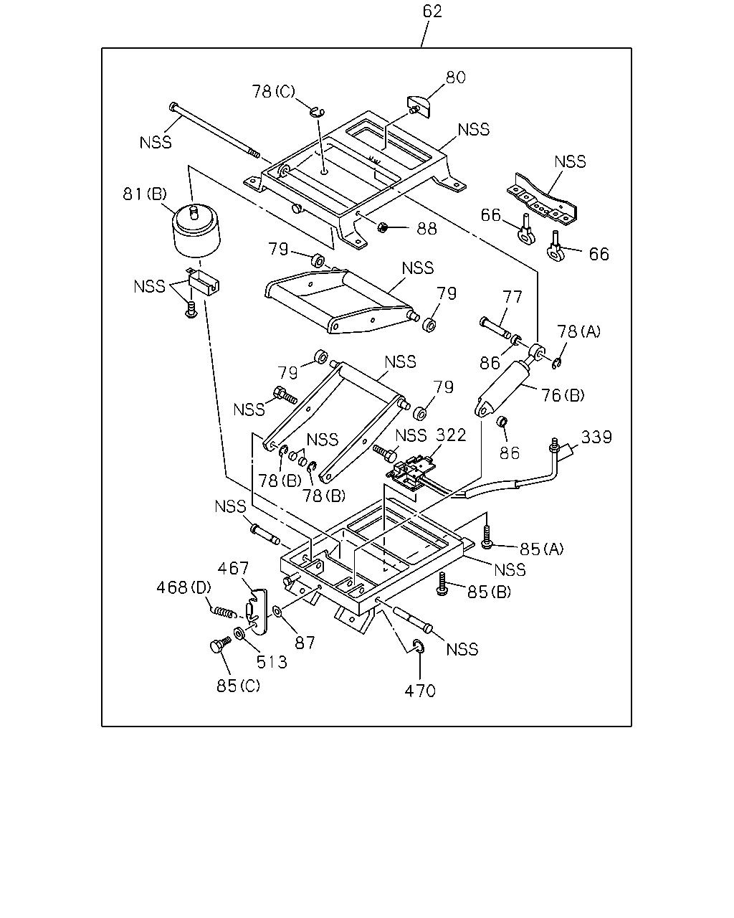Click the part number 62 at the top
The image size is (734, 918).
432,11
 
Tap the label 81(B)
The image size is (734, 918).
145,194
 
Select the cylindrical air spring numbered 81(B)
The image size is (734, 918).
196,231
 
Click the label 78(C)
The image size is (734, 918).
273,91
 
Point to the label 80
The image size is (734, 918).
455,77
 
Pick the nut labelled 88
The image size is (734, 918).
382,227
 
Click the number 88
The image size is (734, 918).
427,229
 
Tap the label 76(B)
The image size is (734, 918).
563,395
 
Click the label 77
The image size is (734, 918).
512,296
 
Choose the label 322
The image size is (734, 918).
451,435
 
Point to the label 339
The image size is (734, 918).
596,437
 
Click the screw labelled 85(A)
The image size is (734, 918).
486,537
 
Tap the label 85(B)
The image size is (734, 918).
489,592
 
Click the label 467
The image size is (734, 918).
233,568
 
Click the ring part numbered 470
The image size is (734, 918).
419,647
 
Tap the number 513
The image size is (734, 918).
272,662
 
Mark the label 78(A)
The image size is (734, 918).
578,331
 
